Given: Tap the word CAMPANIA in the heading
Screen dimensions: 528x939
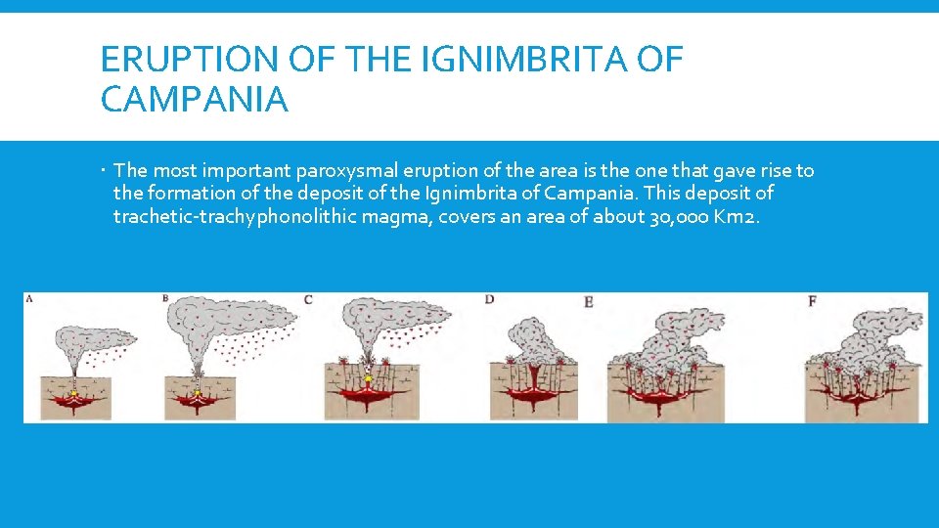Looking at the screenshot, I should point(195,100).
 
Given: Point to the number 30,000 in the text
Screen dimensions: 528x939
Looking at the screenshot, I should point(680,215).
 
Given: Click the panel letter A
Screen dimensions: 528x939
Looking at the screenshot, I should point(29,298).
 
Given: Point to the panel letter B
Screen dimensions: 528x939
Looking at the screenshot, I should point(166,298).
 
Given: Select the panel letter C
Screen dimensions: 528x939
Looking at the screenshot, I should point(308,299).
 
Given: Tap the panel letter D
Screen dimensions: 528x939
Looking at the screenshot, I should point(489,299).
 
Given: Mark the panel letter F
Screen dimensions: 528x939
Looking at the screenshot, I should point(812,301).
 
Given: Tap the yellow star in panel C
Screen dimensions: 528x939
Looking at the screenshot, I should point(368,379).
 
